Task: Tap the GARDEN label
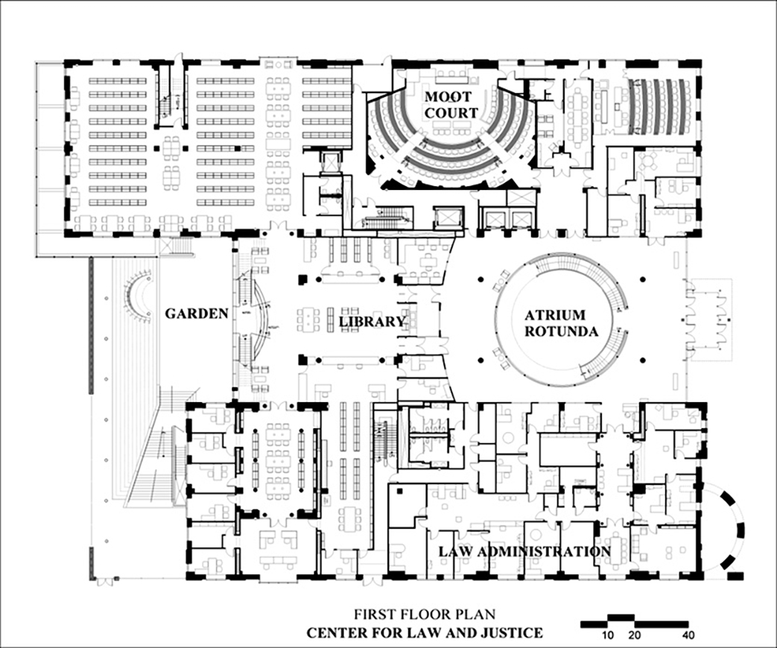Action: coord(196,314)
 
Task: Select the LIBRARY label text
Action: coord(372,321)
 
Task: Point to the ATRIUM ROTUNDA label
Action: coord(559,323)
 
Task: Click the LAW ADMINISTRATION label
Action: coord(524,552)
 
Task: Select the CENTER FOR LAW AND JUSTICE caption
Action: coord(425,633)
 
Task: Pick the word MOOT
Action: coord(451,96)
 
